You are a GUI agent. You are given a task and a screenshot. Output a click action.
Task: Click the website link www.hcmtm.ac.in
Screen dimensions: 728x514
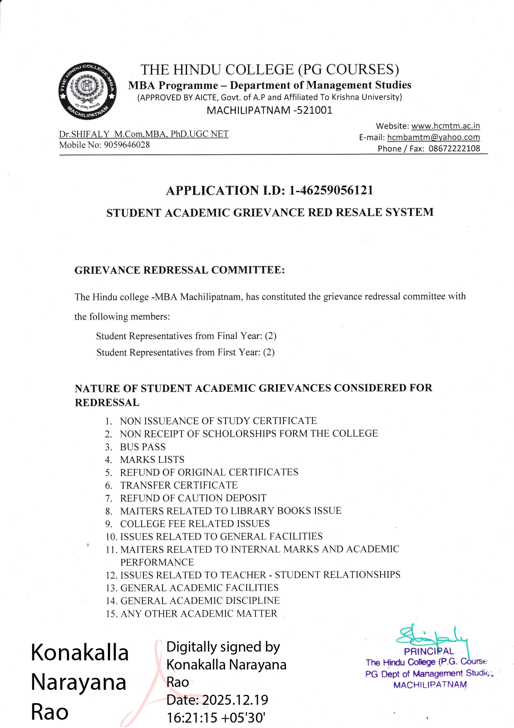446,126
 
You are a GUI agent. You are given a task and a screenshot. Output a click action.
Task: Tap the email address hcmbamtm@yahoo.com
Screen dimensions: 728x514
434,137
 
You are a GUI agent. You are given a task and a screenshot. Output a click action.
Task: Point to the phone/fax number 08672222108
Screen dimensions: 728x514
454,149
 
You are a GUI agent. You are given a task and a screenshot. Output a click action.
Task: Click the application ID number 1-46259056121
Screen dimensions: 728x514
331,191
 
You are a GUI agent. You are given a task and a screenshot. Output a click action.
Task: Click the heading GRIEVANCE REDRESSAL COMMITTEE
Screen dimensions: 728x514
179,270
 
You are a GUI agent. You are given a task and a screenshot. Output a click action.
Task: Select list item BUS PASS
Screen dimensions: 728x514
143,447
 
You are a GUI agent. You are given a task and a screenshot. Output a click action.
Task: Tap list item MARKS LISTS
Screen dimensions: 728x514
152,460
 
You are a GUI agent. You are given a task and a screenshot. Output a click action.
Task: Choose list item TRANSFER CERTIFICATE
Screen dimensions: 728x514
179,485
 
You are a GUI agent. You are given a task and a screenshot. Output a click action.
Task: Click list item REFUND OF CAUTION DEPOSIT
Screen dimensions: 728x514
193,498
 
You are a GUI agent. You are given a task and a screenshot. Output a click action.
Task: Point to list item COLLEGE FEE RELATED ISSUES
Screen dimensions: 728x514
195,524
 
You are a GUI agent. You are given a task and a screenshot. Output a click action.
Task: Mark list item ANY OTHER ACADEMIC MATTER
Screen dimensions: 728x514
199,614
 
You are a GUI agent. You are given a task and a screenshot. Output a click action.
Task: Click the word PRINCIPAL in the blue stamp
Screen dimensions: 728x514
429,652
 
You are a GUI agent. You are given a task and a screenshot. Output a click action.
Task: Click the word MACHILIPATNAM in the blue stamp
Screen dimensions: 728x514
430,685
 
